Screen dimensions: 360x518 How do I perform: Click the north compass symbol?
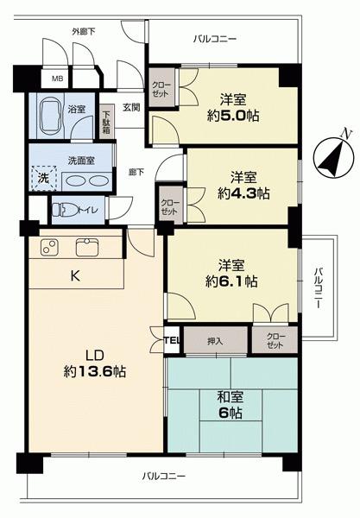tap(334, 157)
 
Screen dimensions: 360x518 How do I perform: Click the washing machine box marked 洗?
tap(44, 178)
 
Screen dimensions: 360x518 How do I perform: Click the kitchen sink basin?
tap(87, 248)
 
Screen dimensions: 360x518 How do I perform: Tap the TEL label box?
tap(172, 340)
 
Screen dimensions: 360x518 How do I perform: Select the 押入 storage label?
tap(215, 341)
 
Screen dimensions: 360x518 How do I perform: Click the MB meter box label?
tap(57, 79)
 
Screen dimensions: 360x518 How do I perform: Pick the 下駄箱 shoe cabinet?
tap(106, 122)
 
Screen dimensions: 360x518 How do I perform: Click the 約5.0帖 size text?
tap(233, 117)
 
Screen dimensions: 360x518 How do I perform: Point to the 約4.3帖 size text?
tap(243, 193)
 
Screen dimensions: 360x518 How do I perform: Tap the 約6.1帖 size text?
tap(231, 281)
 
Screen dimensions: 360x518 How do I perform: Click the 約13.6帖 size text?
tap(95, 372)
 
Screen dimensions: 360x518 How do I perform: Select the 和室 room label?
tap(231, 397)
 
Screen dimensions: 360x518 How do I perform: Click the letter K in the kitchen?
tap(75, 276)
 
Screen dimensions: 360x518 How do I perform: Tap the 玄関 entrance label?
tap(131, 107)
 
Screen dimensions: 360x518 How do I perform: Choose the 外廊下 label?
tap(84, 32)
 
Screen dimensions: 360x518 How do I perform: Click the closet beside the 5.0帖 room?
tap(161, 87)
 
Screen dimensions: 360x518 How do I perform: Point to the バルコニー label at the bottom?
tap(164, 477)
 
